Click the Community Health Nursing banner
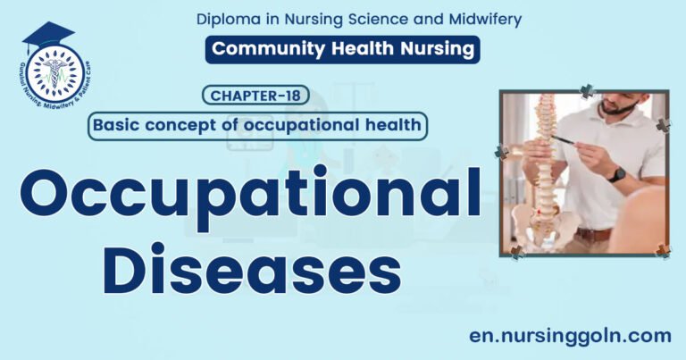point(342,49)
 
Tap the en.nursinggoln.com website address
point(570,335)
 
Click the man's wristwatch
point(616,174)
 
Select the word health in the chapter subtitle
point(392,125)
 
